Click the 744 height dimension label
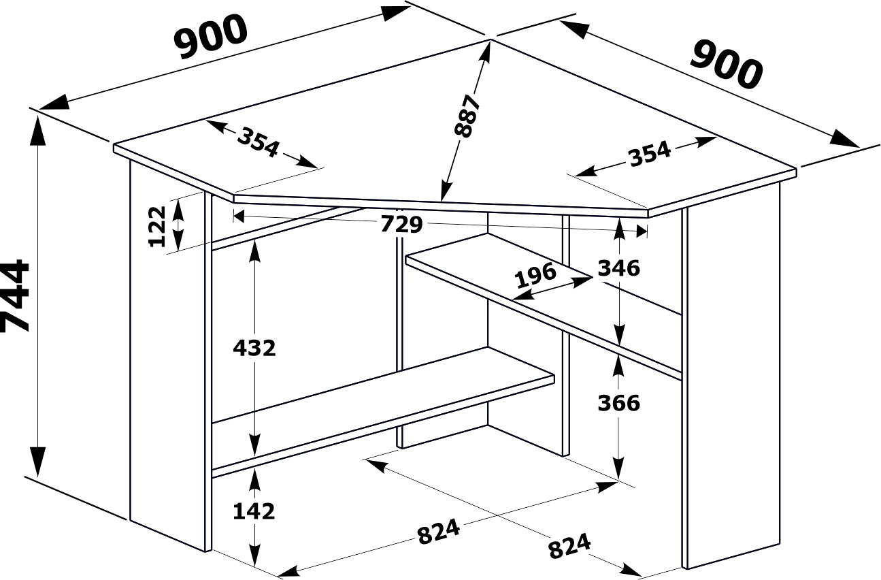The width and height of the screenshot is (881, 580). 15,295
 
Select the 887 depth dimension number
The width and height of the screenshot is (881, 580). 467,116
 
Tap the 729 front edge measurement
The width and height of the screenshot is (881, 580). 401,225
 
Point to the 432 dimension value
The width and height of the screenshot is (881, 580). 254,348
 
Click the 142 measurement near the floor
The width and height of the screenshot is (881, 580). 254,511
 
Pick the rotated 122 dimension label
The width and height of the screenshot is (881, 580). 157,227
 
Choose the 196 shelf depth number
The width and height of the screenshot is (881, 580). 535,275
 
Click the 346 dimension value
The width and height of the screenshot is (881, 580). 618,268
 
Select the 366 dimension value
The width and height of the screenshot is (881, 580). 618,403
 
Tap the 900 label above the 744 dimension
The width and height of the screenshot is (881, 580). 211,36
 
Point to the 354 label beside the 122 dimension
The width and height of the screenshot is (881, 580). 258,142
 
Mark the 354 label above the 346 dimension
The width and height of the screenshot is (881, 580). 650,153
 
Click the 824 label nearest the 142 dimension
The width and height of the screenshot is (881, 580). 438,532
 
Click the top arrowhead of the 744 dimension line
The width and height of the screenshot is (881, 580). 38,130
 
